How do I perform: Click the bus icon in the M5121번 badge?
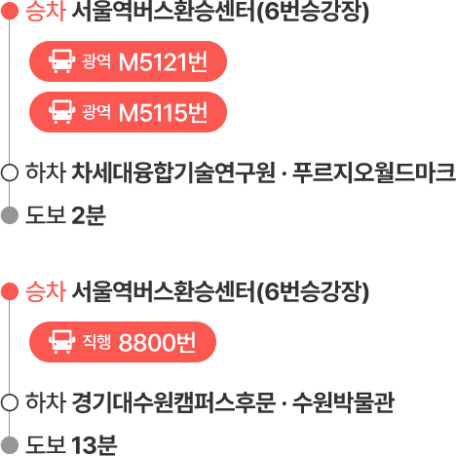click(61, 61)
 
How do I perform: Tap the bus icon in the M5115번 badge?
click(61, 112)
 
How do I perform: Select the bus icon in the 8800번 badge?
click(61, 342)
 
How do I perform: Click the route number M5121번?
click(163, 61)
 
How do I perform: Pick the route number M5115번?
click(163, 113)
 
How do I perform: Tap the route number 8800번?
click(158, 342)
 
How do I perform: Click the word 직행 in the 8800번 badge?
click(96, 341)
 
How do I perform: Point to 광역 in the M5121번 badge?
click(96, 60)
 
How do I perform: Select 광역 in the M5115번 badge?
click(96, 112)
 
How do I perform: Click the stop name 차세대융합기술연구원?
click(173, 172)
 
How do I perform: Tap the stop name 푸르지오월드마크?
click(374, 172)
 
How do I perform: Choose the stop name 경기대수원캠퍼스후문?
click(173, 402)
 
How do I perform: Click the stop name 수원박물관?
click(343, 402)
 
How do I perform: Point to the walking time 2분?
click(89, 215)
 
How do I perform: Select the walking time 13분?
click(94, 445)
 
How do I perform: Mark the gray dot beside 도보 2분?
click(10, 215)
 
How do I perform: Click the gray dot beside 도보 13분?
click(10, 445)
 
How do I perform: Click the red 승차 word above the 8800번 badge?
click(46, 291)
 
